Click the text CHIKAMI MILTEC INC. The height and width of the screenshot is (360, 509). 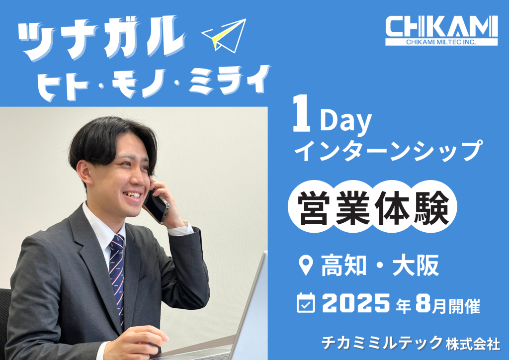tap(441, 42)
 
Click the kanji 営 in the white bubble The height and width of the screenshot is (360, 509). tap(314, 208)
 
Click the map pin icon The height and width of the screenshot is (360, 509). tap(306, 266)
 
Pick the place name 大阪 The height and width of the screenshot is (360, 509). tap(416, 266)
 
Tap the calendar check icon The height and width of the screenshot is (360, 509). tap(306, 303)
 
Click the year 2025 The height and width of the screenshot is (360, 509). tap(356, 303)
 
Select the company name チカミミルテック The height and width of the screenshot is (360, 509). tap(382, 343)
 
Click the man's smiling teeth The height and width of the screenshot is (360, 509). tap(133, 195)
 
